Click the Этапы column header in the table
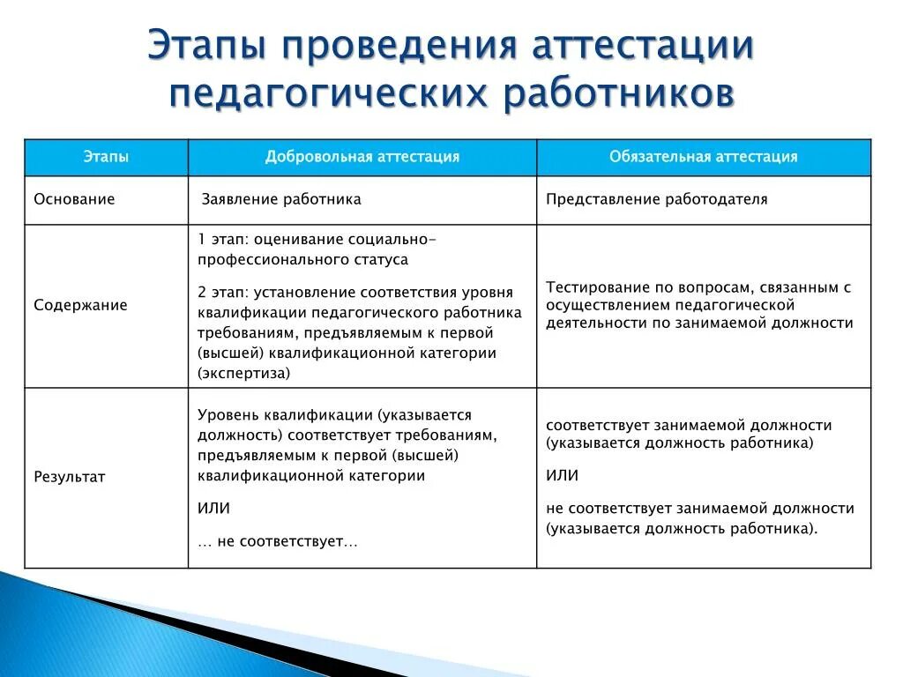[106, 157]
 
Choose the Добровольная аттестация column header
[362, 157]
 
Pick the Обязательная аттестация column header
[703, 157]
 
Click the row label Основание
[74, 199]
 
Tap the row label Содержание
[80, 305]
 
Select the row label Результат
[70, 477]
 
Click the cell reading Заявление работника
[281, 199]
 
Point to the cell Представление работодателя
[656, 199]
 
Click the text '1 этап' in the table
[222, 240]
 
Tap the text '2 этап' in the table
[222, 292]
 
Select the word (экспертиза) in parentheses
[244, 373]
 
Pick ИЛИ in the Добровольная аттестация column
[213, 509]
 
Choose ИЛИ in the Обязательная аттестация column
[562, 475]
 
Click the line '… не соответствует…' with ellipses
[278, 541]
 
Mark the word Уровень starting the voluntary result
[228, 414]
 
